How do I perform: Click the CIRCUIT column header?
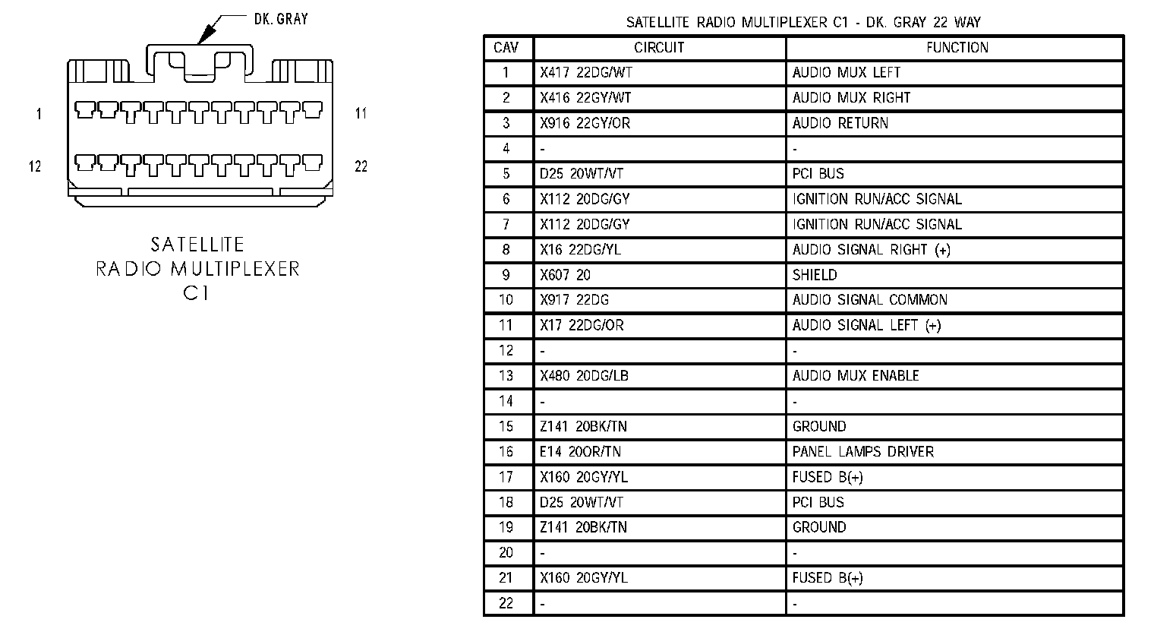[x=659, y=47]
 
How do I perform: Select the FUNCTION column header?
[x=957, y=47]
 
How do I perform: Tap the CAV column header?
[x=506, y=47]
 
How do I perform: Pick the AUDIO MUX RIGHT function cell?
[x=851, y=98]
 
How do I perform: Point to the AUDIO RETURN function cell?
[x=840, y=123]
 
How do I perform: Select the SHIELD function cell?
[x=815, y=275]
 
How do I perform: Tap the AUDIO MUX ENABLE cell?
[x=856, y=376]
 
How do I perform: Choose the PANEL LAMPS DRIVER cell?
[x=862, y=452]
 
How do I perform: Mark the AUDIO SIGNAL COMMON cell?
[x=869, y=300]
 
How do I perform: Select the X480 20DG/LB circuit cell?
[x=584, y=376]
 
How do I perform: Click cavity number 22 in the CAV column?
[x=506, y=603]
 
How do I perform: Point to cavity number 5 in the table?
[x=506, y=174]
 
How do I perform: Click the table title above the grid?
[x=802, y=22]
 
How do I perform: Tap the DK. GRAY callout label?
[x=281, y=18]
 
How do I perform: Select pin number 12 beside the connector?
[x=35, y=166]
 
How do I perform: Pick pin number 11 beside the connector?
[x=361, y=114]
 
